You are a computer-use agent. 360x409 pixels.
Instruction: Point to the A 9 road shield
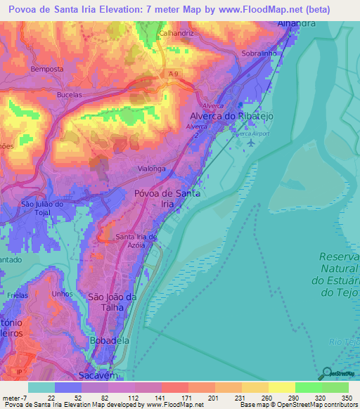pos(174,72)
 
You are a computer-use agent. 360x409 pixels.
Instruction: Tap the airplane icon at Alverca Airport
pos(252,142)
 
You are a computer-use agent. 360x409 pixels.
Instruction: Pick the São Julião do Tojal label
pos(43,209)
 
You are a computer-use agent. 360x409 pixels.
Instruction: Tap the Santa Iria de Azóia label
pos(141,241)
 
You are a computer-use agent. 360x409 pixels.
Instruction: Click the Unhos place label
pos(62,294)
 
